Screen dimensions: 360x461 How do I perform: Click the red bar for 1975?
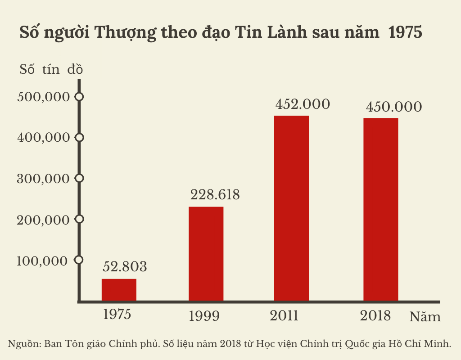point(119,289)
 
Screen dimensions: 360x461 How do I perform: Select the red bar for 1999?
point(206,253)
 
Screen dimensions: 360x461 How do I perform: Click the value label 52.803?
point(125,267)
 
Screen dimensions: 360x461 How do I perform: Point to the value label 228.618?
point(215,195)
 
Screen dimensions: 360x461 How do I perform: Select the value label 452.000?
point(303,104)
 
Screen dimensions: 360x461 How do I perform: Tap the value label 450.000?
point(394,107)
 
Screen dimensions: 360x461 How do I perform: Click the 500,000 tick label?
point(44,97)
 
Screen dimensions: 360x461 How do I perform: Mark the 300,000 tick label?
point(44,179)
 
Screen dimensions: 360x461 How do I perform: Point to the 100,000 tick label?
point(44,261)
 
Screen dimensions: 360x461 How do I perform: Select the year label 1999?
point(204,316)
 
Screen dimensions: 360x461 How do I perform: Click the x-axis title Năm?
point(425,317)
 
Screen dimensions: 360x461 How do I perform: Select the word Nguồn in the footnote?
point(23,344)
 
